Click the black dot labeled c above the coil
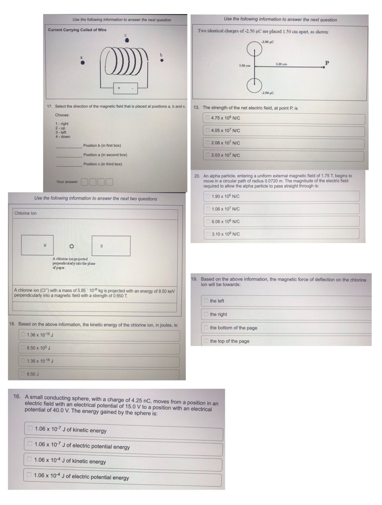click(x=127, y=40)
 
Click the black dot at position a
click(x=83, y=62)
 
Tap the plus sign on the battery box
click(x=119, y=88)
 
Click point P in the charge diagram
click(x=323, y=67)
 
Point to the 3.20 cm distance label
click(x=281, y=64)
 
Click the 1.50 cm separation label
click(x=245, y=66)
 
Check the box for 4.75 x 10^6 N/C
click(x=208, y=118)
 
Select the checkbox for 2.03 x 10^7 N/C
click(x=208, y=155)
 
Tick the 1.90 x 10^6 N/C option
click(x=208, y=196)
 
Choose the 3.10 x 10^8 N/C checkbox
click(x=208, y=234)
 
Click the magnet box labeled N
click(x=37, y=245)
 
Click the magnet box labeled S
click(x=111, y=246)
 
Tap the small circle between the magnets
click(x=71, y=246)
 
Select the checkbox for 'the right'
click(x=206, y=314)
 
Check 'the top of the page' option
click(x=206, y=341)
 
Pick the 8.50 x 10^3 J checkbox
click(x=23, y=348)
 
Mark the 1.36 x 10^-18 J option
click(x=23, y=361)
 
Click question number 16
click(x=17, y=396)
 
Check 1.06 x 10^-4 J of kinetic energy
click(x=29, y=459)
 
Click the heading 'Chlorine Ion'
click(x=25, y=213)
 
